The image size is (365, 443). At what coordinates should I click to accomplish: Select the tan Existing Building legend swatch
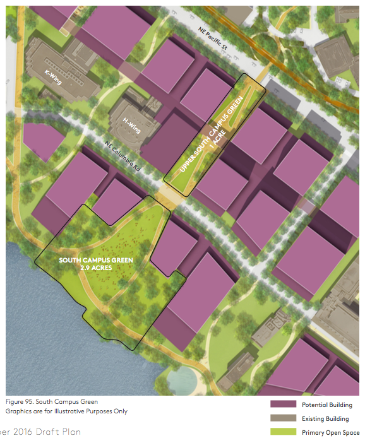point(283,418)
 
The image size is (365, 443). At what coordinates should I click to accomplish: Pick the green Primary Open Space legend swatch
point(283,432)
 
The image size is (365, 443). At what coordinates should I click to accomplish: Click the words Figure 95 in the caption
point(20,401)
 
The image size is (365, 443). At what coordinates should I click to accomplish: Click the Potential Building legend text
point(326,405)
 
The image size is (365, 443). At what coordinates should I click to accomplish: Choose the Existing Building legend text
point(325,419)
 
